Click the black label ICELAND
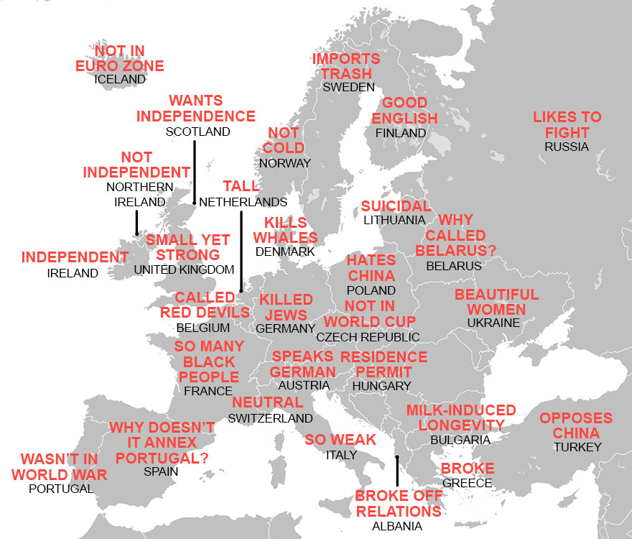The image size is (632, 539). click(119, 79)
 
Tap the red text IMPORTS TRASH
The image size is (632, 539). click(346, 66)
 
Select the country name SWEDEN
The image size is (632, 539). click(348, 87)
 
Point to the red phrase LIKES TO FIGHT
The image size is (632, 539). click(567, 124)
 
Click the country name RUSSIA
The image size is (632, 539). click(566, 147)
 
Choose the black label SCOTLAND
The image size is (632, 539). click(197, 132)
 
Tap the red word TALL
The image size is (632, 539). click(240, 187)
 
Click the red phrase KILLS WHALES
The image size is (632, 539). click(285, 230)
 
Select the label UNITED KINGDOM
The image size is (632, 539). click(184, 269)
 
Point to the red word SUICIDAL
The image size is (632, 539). click(396, 207)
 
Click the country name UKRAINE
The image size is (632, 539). click(493, 323)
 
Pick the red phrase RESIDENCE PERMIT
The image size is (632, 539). click(384, 364)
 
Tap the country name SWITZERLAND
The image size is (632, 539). click(270, 418)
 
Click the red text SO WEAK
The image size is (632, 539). click(340, 440)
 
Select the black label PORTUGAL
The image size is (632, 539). click(61, 489)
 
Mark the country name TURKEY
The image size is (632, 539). click(577, 447)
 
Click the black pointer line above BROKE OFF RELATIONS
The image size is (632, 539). click(396, 472)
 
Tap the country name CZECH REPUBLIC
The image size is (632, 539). click(368, 337)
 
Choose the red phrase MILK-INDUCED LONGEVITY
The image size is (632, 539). click(461, 418)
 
